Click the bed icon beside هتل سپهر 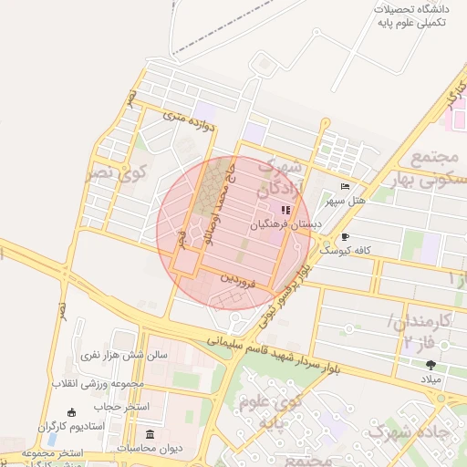[344, 187]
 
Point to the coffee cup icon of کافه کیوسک [345, 238]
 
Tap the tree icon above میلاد [431, 365]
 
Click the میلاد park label [430, 378]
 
